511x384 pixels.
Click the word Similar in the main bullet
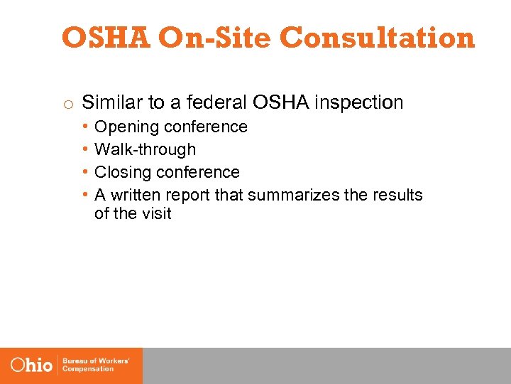[112, 102]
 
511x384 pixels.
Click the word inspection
[359, 103]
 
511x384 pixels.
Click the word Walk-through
[145, 149]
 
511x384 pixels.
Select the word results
[397, 195]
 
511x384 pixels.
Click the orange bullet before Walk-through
[84, 149]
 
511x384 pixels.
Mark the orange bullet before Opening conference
[84, 127]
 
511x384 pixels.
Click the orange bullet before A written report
[84, 195]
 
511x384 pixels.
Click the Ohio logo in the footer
[31, 366]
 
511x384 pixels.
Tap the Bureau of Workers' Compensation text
[96, 366]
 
